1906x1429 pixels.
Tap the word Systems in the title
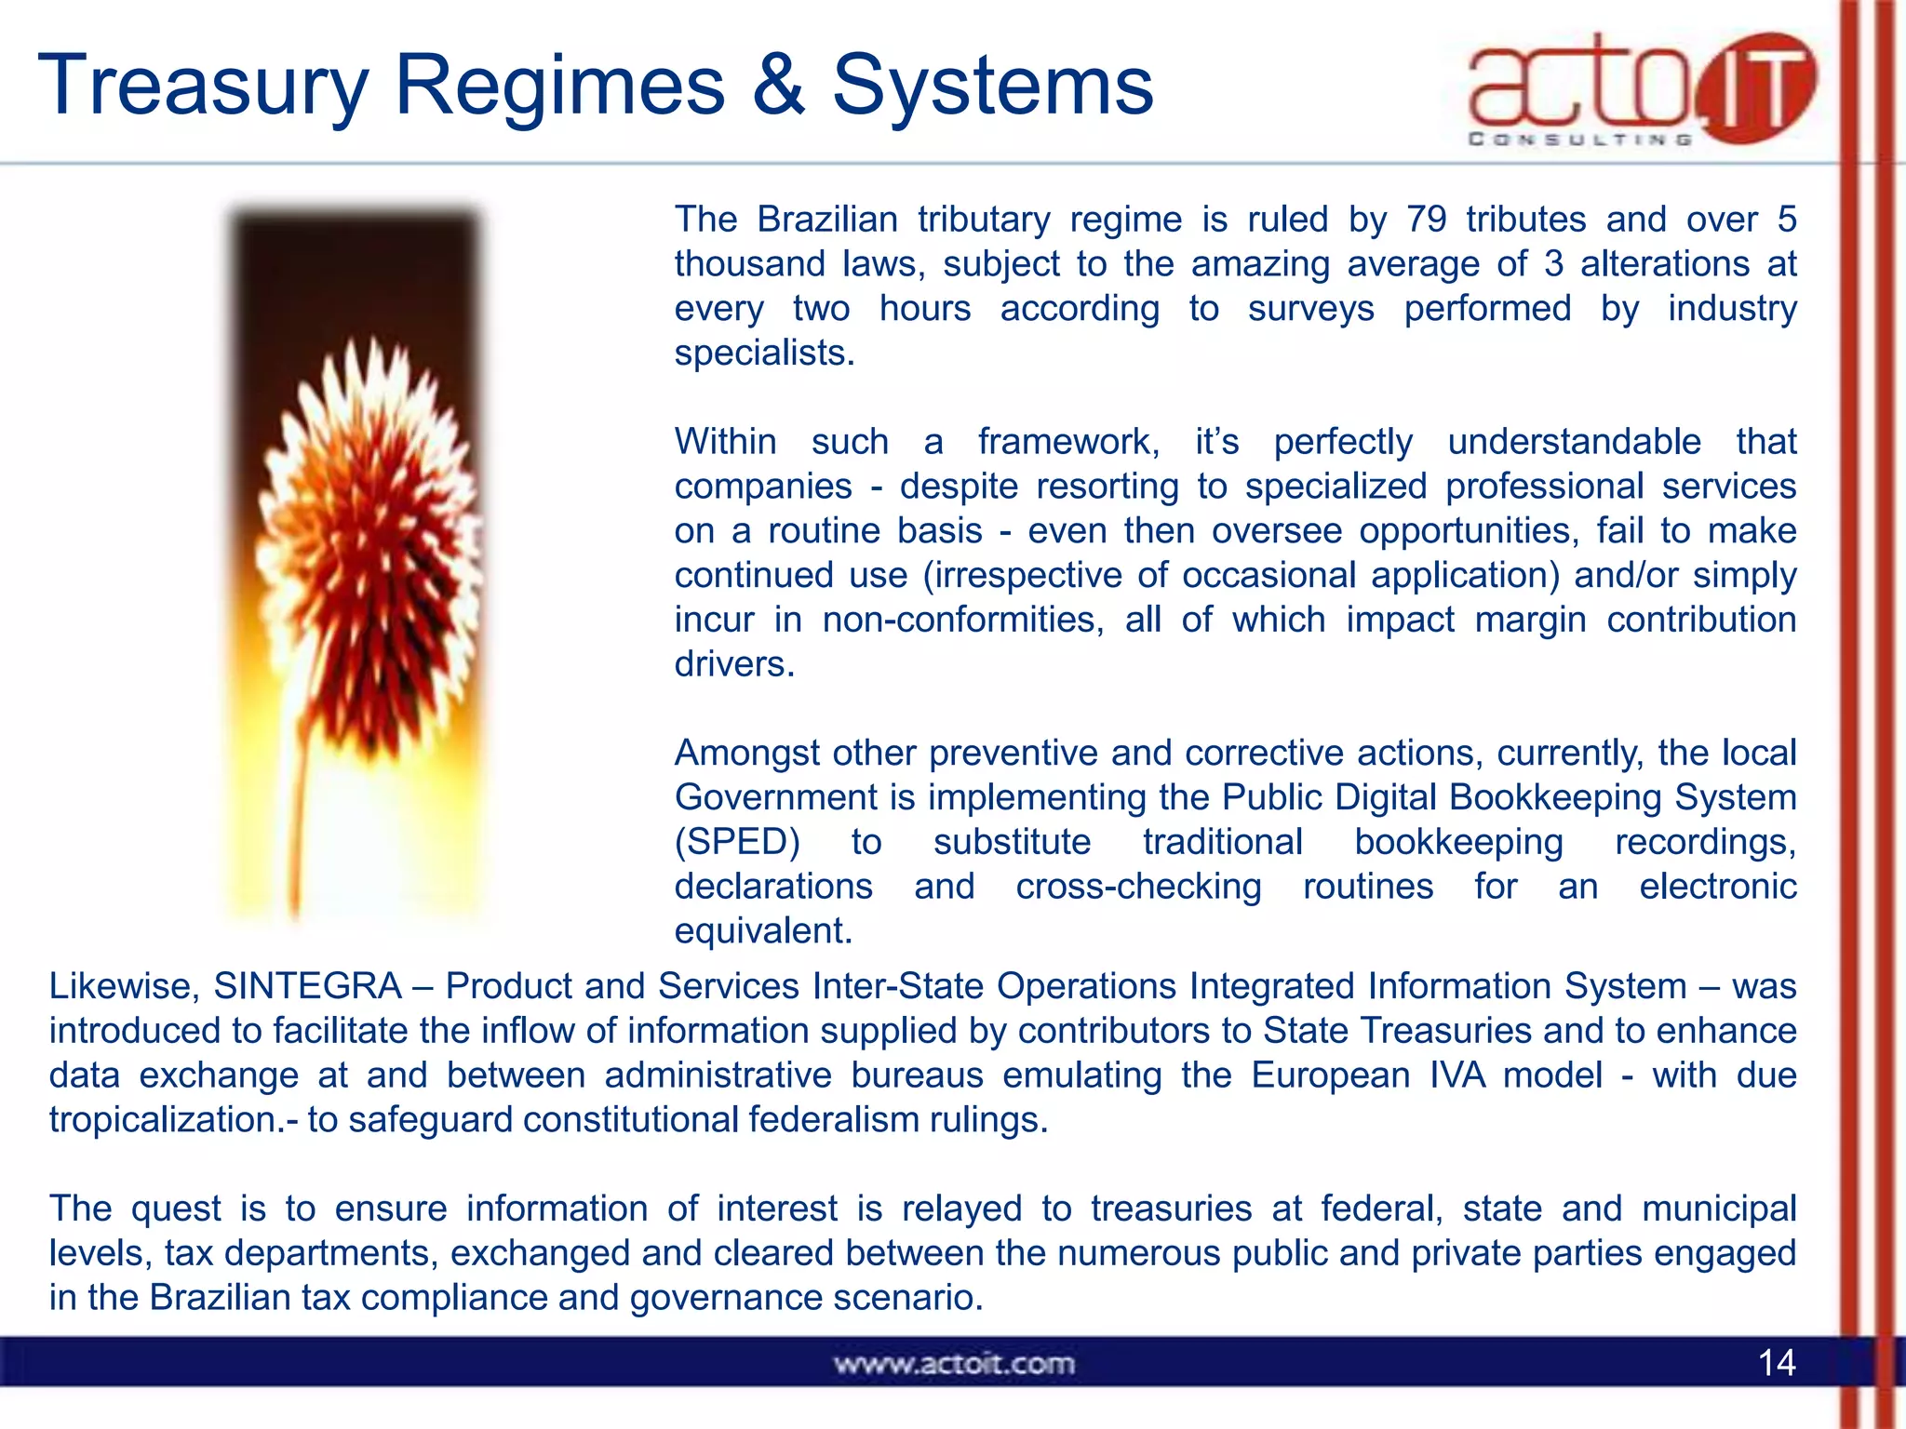pyautogui.click(x=992, y=87)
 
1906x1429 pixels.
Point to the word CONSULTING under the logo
pyautogui.click(x=1579, y=140)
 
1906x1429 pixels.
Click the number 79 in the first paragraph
pyautogui.click(x=1426, y=220)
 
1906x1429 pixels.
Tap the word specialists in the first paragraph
pyautogui.click(x=763, y=354)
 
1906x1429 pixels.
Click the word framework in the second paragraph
pyautogui.click(x=1068, y=441)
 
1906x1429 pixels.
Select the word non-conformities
pyautogui.click(x=962, y=620)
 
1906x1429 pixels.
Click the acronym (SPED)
pyautogui.click(x=737, y=842)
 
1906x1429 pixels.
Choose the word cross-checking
pyautogui.click(x=1138, y=887)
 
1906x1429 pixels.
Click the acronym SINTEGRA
pyautogui.click(x=307, y=986)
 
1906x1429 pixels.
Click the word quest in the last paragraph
pyautogui.click(x=176, y=1209)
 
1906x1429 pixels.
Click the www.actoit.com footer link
pyautogui.click(x=954, y=1364)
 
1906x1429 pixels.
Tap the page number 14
pyautogui.click(x=1776, y=1363)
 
